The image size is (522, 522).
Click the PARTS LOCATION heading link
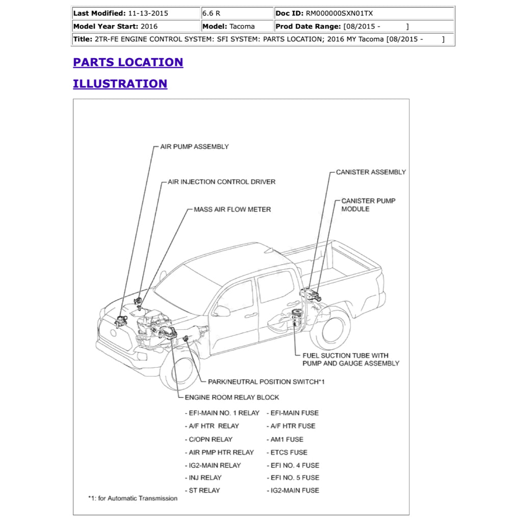click(x=128, y=62)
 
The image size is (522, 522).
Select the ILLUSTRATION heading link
click(x=120, y=84)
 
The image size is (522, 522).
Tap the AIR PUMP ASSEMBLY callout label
click(x=194, y=147)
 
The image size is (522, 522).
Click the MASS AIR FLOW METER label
click(x=232, y=210)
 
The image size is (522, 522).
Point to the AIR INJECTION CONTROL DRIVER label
click(x=221, y=182)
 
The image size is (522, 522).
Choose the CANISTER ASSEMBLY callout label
click(x=371, y=172)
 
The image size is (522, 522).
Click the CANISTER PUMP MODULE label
click(x=368, y=205)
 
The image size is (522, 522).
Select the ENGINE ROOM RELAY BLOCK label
click(x=232, y=397)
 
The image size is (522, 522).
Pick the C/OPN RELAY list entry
click(x=210, y=439)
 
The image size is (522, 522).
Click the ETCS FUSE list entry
click(x=289, y=452)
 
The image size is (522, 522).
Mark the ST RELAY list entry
click(x=204, y=490)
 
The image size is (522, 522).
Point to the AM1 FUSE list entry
click(x=286, y=439)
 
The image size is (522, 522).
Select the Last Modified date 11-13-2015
click(x=147, y=13)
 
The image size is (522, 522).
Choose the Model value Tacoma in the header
click(x=242, y=27)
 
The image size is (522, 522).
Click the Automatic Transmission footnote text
click(x=134, y=499)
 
